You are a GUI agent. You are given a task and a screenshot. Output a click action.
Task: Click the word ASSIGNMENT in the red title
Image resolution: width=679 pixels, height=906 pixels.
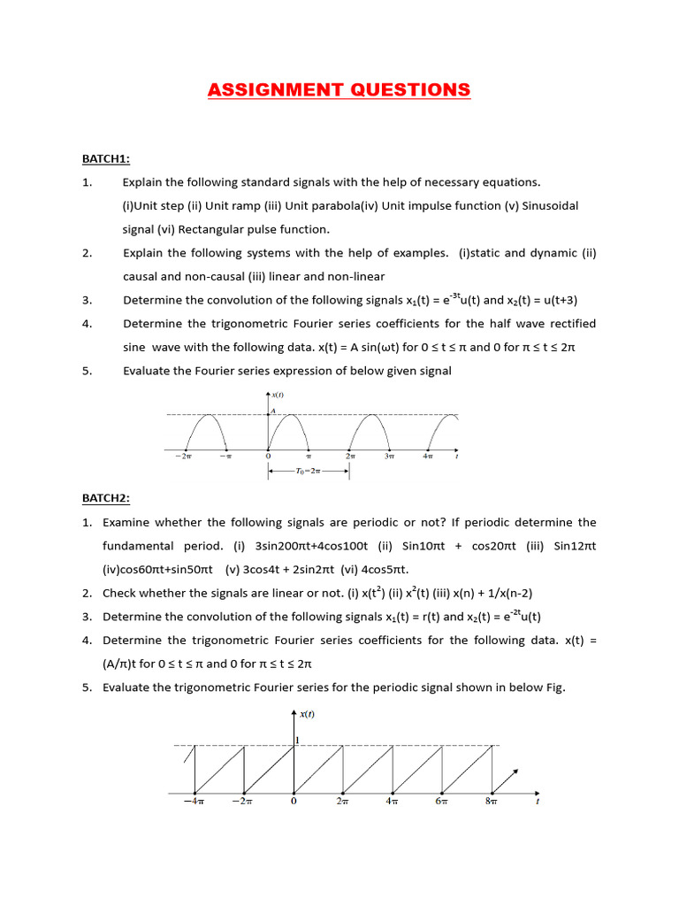[x=275, y=90]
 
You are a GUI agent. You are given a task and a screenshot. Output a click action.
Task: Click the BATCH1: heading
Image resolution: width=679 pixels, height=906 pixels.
[x=106, y=158]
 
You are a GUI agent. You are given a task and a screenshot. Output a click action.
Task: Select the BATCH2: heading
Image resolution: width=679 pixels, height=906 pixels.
[x=106, y=499]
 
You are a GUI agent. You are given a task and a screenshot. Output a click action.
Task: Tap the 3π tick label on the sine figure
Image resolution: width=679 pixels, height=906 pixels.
[x=390, y=457]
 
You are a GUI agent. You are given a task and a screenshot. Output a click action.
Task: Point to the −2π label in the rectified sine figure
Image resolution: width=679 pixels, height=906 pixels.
[x=184, y=457]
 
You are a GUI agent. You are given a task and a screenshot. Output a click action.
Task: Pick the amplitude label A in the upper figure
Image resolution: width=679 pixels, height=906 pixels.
[x=273, y=411]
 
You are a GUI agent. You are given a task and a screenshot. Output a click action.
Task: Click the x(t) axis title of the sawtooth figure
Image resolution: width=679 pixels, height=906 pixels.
[x=308, y=714]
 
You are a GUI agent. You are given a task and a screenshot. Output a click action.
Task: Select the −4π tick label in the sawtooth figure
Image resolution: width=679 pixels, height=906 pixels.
[x=194, y=801]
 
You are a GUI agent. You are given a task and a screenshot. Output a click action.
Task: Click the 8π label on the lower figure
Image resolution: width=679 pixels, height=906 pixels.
[x=492, y=801]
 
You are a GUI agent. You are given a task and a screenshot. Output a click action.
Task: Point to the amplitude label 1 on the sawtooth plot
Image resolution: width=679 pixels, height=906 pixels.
[x=298, y=739]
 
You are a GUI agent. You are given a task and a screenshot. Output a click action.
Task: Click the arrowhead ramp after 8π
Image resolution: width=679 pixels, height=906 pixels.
[x=507, y=779]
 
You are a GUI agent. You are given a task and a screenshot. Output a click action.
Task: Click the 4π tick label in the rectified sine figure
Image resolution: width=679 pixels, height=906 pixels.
[x=429, y=457]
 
